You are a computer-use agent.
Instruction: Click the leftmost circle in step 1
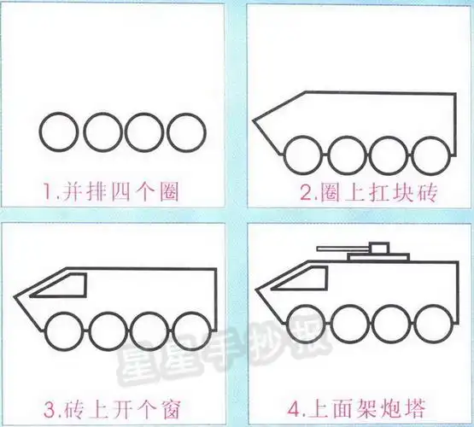coord(59,132)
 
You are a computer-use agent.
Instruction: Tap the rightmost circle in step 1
coord(187,132)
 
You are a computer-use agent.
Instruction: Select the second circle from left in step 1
coord(102,132)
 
